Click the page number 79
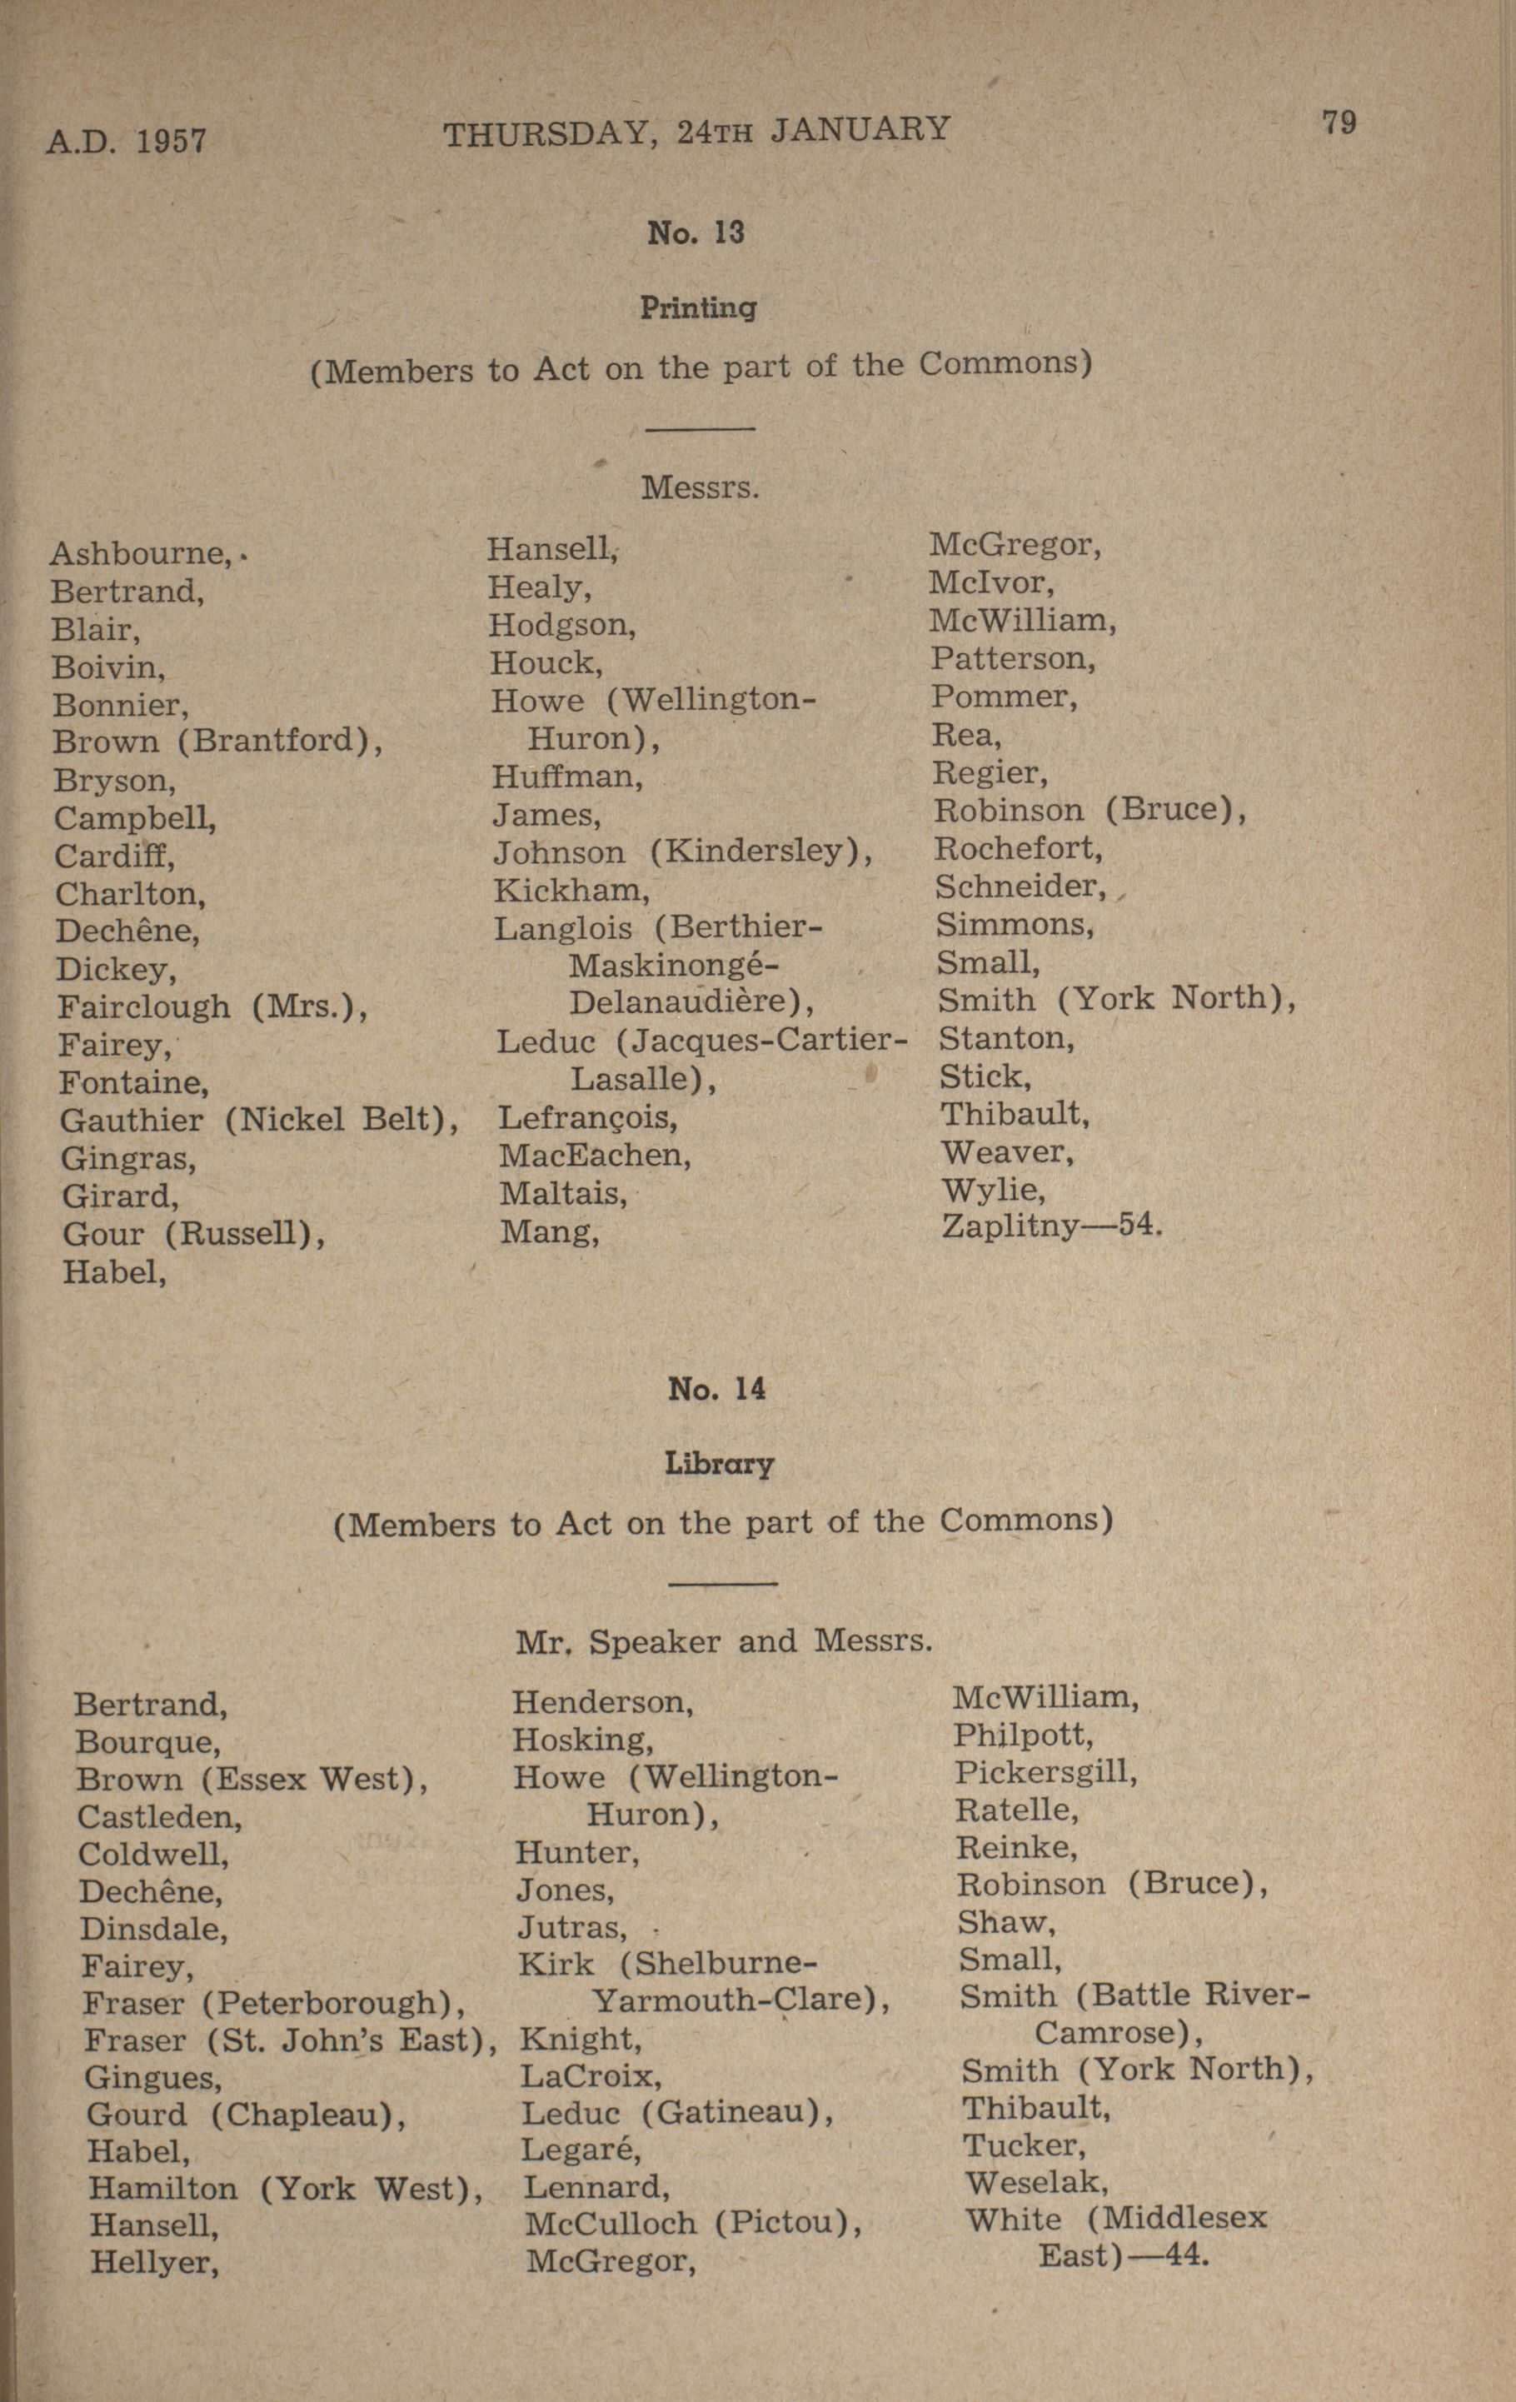click(1339, 122)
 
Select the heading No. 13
click(696, 233)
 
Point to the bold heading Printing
click(697, 308)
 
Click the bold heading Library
click(718, 1465)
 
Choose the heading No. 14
click(716, 1390)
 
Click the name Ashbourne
click(141, 553)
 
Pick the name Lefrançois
click(587, 1118)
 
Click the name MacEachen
click(595, 1156)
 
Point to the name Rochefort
click(1017, 849)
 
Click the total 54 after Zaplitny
click(1139, 1224)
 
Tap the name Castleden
click(160, 1816)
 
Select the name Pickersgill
click(1045, 1773)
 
